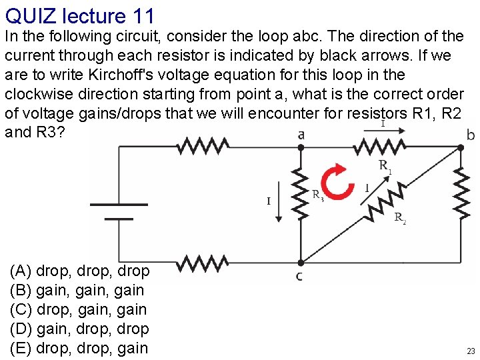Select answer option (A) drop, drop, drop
(x=79, y=271)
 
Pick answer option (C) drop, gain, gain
(x=78, y=309)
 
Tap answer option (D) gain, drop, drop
(x=79, y=329)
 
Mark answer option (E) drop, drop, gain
(x=79, y=347)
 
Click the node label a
(x=301, y=135)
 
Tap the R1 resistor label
(x=385, y=166)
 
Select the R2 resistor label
(x=400, y=217)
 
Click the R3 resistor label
(x=319, y=195)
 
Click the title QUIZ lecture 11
(x=79, y=15)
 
